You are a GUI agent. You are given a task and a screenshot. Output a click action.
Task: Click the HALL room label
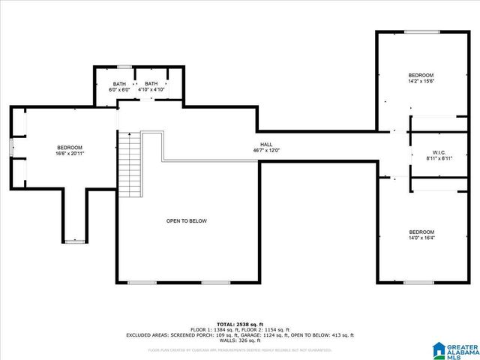[x=266, y=144]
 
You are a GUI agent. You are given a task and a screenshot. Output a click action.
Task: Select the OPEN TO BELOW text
[x=186, y=220]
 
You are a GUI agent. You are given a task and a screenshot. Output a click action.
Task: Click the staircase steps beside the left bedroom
[x=130, y=164]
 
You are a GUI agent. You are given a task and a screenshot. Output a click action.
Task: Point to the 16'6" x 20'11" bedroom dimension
[x=69, y=153]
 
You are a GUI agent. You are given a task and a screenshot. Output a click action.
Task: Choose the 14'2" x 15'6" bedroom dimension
[x=421, y=81]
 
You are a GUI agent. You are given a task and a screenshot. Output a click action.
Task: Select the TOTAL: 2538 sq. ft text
[x=240, y=324]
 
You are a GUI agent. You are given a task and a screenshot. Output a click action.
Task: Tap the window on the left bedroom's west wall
[x=10, y=148]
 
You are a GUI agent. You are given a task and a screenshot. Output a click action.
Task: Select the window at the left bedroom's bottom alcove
[x=74, y=241]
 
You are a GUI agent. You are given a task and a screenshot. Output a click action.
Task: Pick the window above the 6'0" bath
[x=124, y=67]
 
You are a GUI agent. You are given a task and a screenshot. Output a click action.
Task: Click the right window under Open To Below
[x=214, y=282]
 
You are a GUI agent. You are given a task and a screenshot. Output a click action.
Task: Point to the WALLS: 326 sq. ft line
[x=240, y=340]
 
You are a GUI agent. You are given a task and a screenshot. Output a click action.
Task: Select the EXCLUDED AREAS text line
[x=240, y=335]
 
